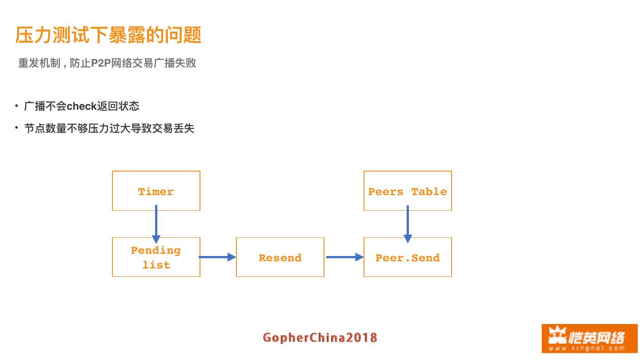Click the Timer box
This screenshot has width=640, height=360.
tap(156, 191)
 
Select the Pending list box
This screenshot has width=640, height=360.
tap(156, 257)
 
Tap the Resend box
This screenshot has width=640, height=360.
tap(280, 257)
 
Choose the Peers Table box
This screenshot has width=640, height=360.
tap(408, 191)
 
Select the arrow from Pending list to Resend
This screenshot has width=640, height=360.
tap(217, 257)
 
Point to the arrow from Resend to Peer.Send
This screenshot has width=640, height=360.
tap(344, 257)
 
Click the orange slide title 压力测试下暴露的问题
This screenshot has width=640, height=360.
tap(108, 35)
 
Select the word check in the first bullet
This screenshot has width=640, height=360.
tap(82, 106)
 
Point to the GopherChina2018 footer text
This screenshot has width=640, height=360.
tap(320, 338)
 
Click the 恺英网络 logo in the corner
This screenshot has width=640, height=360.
tap(589, 338)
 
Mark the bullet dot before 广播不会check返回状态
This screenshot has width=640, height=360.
tap(16, 106)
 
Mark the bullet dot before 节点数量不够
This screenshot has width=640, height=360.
tap(16, 128)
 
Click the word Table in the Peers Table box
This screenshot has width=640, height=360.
tap(429, 192)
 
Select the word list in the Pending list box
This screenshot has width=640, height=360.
tap(156, 265)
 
